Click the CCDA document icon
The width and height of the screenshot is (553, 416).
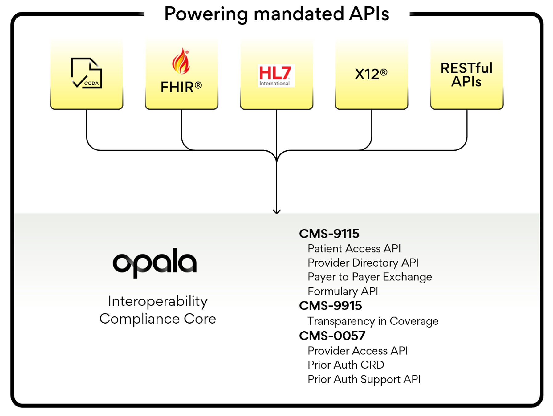pyautogui.click(x=86, y=73)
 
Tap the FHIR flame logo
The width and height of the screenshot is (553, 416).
pyautogui.click(x=181, y=62)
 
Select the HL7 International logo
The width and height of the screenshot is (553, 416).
pyautogui.click(x=276, y=75)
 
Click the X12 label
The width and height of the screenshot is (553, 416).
pyautogui.click(x=371, y=74)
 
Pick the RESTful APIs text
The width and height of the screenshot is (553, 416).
pyautogui.click(x=466, y=75)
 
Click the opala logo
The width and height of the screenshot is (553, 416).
pyautogui.click(x=155, y=263)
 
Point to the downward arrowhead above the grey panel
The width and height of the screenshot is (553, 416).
pyautogui.click(x=277, y=211)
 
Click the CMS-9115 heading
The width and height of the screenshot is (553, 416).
pyautogui.click(x=329, y=234)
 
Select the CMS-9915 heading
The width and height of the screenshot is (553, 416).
pyautogui.click(x=330, y=306)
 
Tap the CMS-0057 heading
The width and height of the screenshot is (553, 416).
pyautogui.click(x=332, y=336)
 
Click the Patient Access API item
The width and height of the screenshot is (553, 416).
pyautogui.click(x=354, y=248)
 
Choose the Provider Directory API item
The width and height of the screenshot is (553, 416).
pyautogui.click(x=363, y=263)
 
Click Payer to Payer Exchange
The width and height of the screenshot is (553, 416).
pyautogui.click(x=370, y=277)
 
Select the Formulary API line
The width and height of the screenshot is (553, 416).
pyautogui.click(x=343, y=291)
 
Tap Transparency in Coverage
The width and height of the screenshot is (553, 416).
pyautogui.click(x=373, y=321)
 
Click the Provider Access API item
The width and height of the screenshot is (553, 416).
pyautogui.click(x=358, y=351)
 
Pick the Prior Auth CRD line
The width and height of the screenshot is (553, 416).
pyautogui.click(x=346, y=365)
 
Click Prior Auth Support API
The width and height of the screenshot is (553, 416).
pyautogui.click(x=364, y=379)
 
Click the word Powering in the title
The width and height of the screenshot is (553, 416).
pyautogui.click(x=206, y=14)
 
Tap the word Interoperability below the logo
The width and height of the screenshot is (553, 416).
pyautogui.click(x=158, y=301)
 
